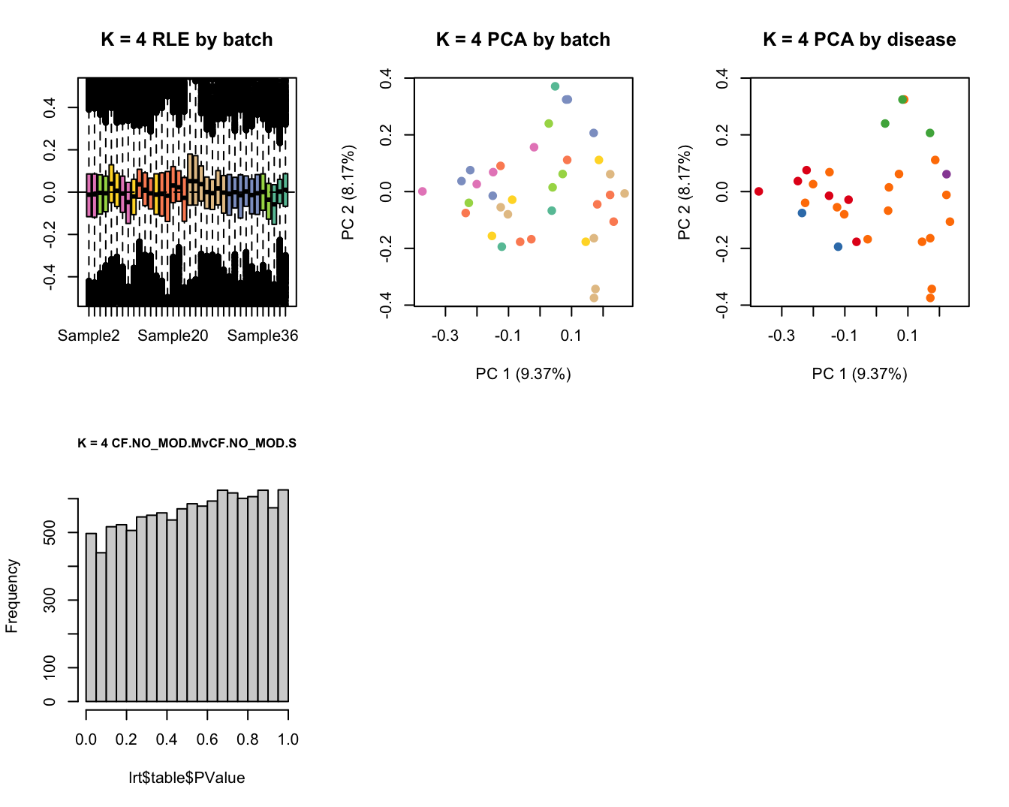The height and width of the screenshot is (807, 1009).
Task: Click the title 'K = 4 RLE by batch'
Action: (187, 40)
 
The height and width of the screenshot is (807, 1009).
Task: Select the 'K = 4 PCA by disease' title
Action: (860, 40)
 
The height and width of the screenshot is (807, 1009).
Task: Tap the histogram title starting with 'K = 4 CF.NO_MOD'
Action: (187, 443)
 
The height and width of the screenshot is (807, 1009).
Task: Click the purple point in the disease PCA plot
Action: (947, 174)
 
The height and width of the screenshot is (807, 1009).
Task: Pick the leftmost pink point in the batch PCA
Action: (423, 191)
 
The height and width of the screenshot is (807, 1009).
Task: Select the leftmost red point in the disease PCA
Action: (759, 191)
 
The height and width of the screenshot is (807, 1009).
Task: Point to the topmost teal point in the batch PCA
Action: (556, 86)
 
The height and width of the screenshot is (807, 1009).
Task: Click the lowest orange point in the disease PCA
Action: (930, 298)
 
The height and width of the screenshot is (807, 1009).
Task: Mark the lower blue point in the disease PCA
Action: (839, 247)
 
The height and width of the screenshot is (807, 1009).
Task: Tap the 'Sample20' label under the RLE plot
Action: (173, 336)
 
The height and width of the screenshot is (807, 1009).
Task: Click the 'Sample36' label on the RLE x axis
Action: (263, 336)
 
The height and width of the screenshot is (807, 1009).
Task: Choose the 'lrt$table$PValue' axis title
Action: (187, 778)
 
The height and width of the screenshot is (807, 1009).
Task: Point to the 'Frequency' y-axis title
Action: (12, 596)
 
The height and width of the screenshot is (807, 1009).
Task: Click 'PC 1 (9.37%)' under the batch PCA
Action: (523, 374)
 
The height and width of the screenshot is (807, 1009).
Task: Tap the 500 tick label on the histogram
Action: (50, 532)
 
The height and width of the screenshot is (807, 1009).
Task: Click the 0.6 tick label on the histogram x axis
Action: (207, 739)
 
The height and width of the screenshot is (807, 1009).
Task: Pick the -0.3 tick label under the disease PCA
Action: (782, 336)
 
